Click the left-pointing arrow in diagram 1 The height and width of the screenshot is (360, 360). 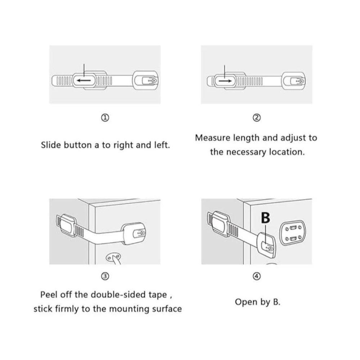(x=84, y=80)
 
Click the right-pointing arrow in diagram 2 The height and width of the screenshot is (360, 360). (x=225, y=81)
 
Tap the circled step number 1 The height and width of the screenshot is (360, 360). (x=105, y=118)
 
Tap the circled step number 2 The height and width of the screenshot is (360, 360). (x=257, y=118)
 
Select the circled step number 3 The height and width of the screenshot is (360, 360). (x=105, y=276)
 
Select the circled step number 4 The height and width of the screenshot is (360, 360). (x=257, y=276)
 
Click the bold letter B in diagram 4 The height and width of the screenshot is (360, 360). (x=266, y=218)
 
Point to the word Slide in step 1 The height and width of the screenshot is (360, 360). (x=51, y=145)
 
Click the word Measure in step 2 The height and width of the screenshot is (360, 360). (x=213, y=138)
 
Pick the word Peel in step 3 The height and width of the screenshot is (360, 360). (x=49, y=294)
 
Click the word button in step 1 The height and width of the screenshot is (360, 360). (x=78, y=145)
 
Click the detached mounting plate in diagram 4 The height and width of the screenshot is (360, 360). (x=293, y=233)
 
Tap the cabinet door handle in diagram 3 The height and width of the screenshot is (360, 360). (x=114, y=259)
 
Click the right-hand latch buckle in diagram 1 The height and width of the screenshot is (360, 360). (x=145, y=80)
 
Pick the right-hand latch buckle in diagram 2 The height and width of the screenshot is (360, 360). (x=294, y=81)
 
